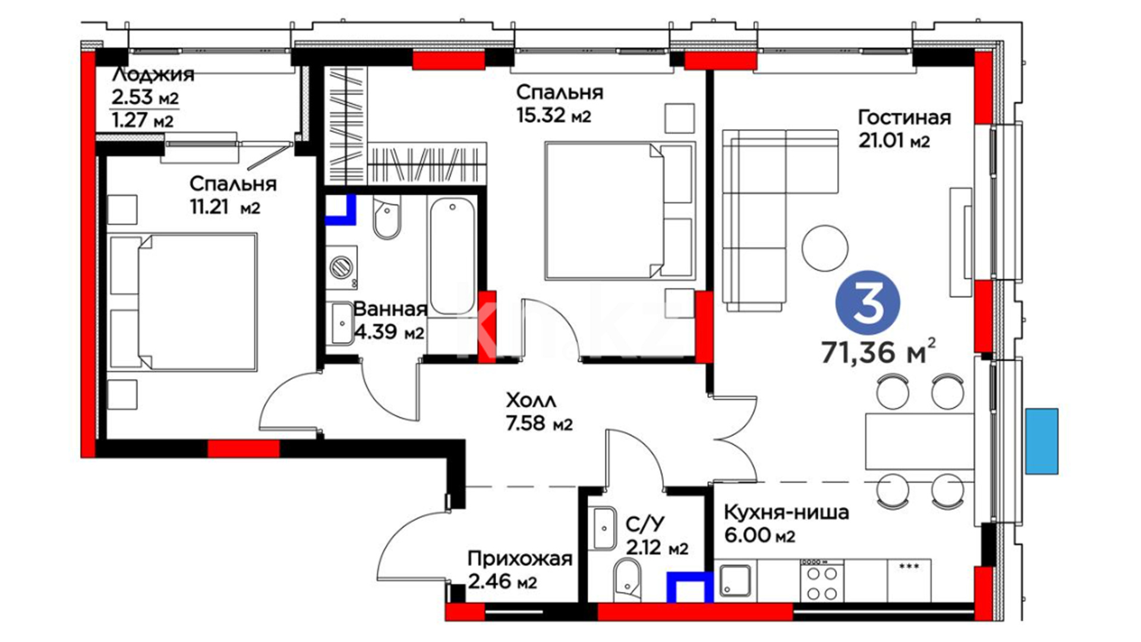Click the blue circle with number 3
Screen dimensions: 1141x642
(x=868, y=303)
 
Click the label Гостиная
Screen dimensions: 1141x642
(x=904, y=118)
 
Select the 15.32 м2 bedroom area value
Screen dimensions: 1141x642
(x=553, y=115)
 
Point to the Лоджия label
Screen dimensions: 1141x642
(x=153, y=74)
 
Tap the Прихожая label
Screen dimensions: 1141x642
(x=519, y=558)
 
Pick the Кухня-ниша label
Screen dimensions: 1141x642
(x=786, y=512)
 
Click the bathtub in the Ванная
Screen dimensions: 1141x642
(x=453, y=256)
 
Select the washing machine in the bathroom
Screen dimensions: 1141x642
(x=342, y=267)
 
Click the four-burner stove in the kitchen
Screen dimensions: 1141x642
(x=822, y=580)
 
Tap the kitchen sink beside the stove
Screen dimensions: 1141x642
(x=735, y=580)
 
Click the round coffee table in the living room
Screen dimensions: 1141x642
(x=824, y=248)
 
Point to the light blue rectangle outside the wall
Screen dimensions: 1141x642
(x=1042, y=441)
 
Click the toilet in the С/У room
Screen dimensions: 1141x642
(x=627, y=578)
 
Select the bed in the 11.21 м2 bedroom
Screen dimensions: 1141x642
(x=184, y=302)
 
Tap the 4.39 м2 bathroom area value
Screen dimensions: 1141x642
(x=389, y=332)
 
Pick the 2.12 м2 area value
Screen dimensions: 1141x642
(x=657, y=547)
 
